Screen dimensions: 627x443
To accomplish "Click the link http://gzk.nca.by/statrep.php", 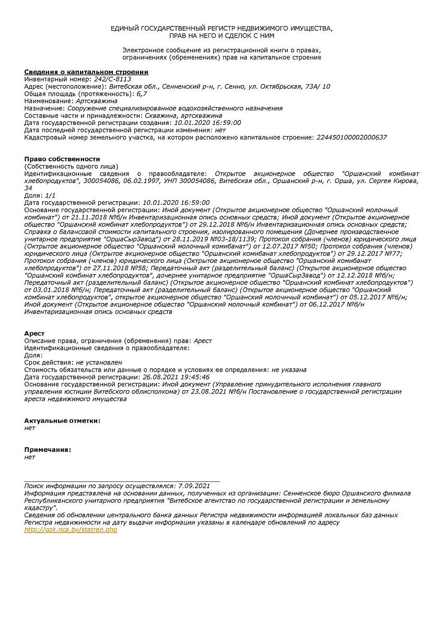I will point(71,529).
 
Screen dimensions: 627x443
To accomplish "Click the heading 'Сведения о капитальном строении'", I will point(86,72).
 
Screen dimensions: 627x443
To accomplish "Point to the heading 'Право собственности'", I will point(62,159).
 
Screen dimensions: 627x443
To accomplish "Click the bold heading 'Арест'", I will point(34,333).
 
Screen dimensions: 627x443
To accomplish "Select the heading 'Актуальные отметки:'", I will point(62,421).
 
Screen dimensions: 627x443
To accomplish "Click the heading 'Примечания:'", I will point(48,449).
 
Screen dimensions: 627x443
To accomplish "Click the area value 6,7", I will point(142,94).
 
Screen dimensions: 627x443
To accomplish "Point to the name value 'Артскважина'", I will point(97,101).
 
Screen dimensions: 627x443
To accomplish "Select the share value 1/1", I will point(50,195).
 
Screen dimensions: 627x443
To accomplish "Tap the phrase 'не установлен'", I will point(99,362).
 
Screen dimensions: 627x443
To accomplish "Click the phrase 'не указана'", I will point(289,369).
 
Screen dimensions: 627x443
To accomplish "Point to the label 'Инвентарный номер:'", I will point(58,79).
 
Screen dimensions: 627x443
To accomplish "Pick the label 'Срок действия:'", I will point(49,362).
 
